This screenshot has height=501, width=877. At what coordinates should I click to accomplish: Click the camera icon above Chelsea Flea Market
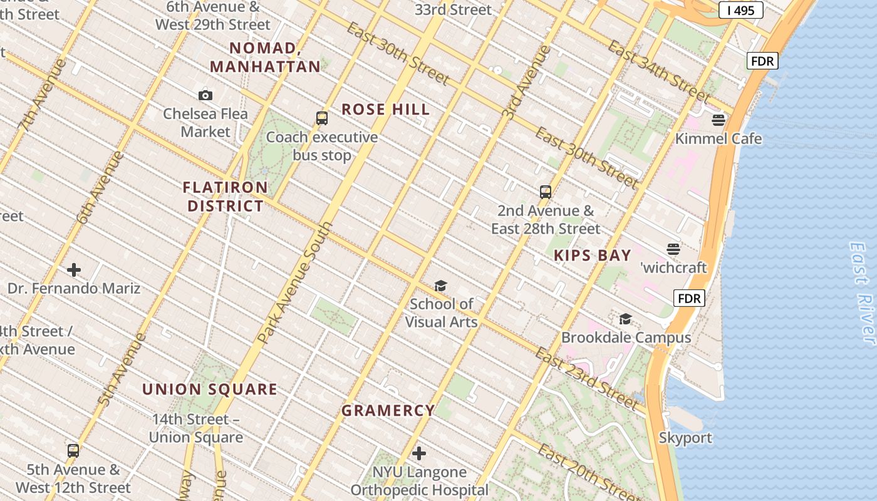(205, 96)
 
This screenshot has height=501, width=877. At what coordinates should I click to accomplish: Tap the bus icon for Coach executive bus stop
(321, 118)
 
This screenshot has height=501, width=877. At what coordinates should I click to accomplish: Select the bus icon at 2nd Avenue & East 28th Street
(546, 192)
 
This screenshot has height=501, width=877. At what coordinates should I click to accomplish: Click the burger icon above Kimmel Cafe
(718, 120)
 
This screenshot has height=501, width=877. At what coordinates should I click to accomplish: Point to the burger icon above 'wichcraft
(673, 249)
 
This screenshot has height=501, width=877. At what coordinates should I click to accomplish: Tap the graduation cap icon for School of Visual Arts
(441, 286)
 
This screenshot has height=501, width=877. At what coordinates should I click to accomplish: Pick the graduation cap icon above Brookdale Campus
(625, 319)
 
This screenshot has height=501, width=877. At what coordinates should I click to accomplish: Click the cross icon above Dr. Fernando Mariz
(74, 270)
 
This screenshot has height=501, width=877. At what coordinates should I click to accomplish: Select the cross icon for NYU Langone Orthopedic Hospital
(419, 453)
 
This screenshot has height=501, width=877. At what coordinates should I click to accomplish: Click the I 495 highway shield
(740, 10)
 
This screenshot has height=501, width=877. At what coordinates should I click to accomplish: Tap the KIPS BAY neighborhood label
(592, 256)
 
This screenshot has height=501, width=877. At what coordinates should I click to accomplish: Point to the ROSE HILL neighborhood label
(385, 110)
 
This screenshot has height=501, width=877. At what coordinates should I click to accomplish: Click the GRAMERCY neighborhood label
(388, 411)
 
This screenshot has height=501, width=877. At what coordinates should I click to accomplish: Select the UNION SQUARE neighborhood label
(209, 390)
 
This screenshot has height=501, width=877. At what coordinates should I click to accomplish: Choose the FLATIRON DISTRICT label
(226, 197)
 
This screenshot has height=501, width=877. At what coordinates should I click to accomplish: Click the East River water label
(862, 292)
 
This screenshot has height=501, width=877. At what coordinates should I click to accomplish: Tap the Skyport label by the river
(685, 438)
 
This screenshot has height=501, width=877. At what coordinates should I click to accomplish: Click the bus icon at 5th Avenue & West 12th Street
(73, 451)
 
